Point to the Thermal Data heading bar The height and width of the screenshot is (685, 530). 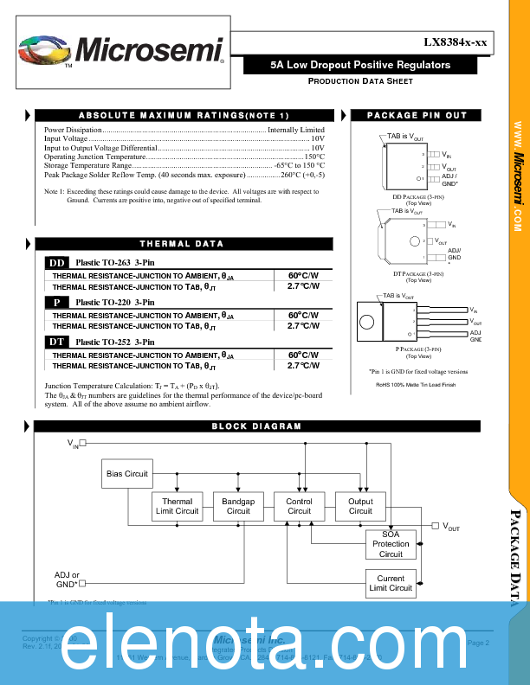tap(183, 244)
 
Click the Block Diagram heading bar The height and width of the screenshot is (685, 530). tap(257, 426)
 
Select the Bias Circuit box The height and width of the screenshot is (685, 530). tap(127, 474)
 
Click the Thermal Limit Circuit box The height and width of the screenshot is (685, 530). tap(177, 507)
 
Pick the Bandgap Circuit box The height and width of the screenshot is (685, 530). tap(238, 507)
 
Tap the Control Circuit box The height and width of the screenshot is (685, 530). tap(299, 507)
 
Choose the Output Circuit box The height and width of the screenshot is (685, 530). tap(360, 507)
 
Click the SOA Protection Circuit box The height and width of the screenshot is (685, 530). tap(391, 544)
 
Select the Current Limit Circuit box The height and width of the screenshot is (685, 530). tap(391, 584)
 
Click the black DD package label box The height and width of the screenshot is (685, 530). tap(57, 263)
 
